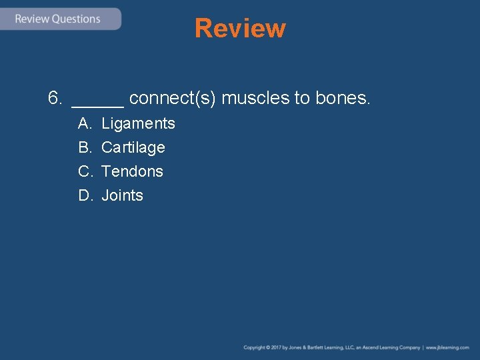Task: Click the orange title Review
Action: (240, 29)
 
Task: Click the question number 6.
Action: (55, 99)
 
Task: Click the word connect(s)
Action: (172, 99)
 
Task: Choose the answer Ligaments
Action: (138, 123)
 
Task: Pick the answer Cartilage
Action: (133, 147)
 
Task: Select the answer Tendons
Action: (132, 171)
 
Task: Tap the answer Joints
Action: (122, 195)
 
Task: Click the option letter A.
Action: (84, 123)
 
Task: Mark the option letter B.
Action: (84, 147)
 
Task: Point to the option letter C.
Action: (84, 171)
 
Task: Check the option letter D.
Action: (84, 195)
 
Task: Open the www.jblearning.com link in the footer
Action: (447, 347)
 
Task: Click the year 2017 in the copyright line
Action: (276, 347)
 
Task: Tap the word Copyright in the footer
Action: (254, 347)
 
